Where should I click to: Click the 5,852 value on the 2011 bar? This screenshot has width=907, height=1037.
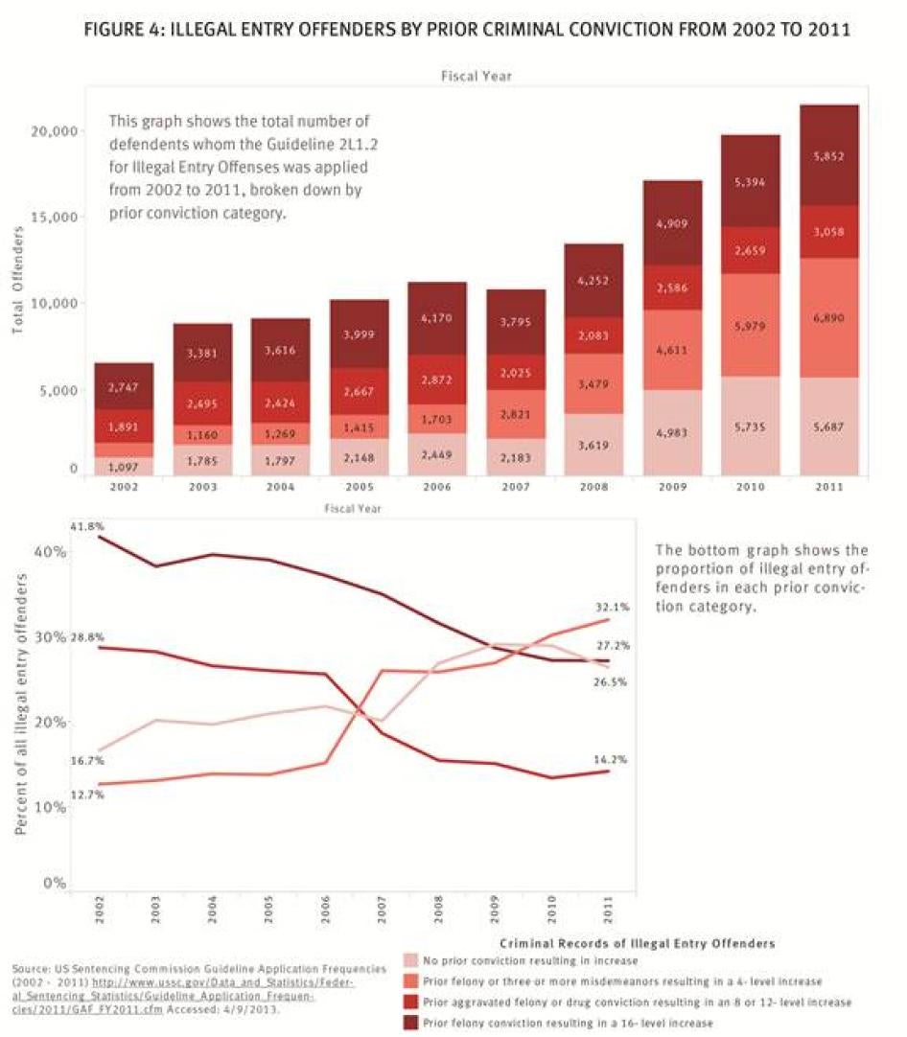(829, 156)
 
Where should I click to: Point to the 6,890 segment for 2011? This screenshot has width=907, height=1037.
(829, 317)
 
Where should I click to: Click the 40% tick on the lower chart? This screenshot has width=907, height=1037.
(51, 552)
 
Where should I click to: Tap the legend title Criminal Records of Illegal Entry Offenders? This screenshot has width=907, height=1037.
(636, 944)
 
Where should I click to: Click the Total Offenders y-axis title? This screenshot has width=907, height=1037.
(18, 288)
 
